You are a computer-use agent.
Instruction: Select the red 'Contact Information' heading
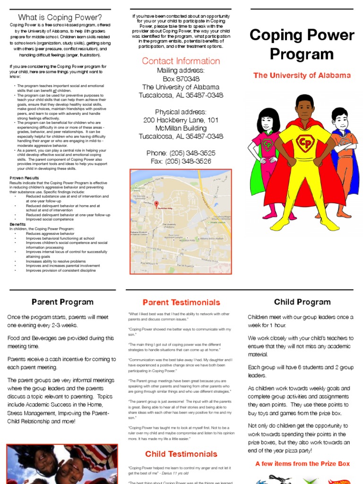181,61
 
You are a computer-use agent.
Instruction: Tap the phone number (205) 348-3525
181,153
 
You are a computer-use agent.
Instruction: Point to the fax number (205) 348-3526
181,162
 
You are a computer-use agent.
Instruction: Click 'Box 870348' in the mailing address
181,79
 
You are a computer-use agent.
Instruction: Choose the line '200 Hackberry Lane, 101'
181,120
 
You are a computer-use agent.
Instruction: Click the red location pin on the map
156,204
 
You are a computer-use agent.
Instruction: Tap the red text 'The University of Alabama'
302,76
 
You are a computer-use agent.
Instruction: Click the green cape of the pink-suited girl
256,180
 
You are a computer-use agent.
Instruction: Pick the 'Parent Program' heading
62,302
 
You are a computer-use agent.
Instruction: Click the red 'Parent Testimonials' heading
181,302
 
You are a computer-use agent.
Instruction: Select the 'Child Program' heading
302,302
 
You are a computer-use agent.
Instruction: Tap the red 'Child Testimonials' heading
181,454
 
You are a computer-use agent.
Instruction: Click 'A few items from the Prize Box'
302,464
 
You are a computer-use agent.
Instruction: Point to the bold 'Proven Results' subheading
25,178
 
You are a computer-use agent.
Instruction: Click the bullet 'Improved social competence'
50,219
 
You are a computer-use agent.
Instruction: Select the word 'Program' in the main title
302,54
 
